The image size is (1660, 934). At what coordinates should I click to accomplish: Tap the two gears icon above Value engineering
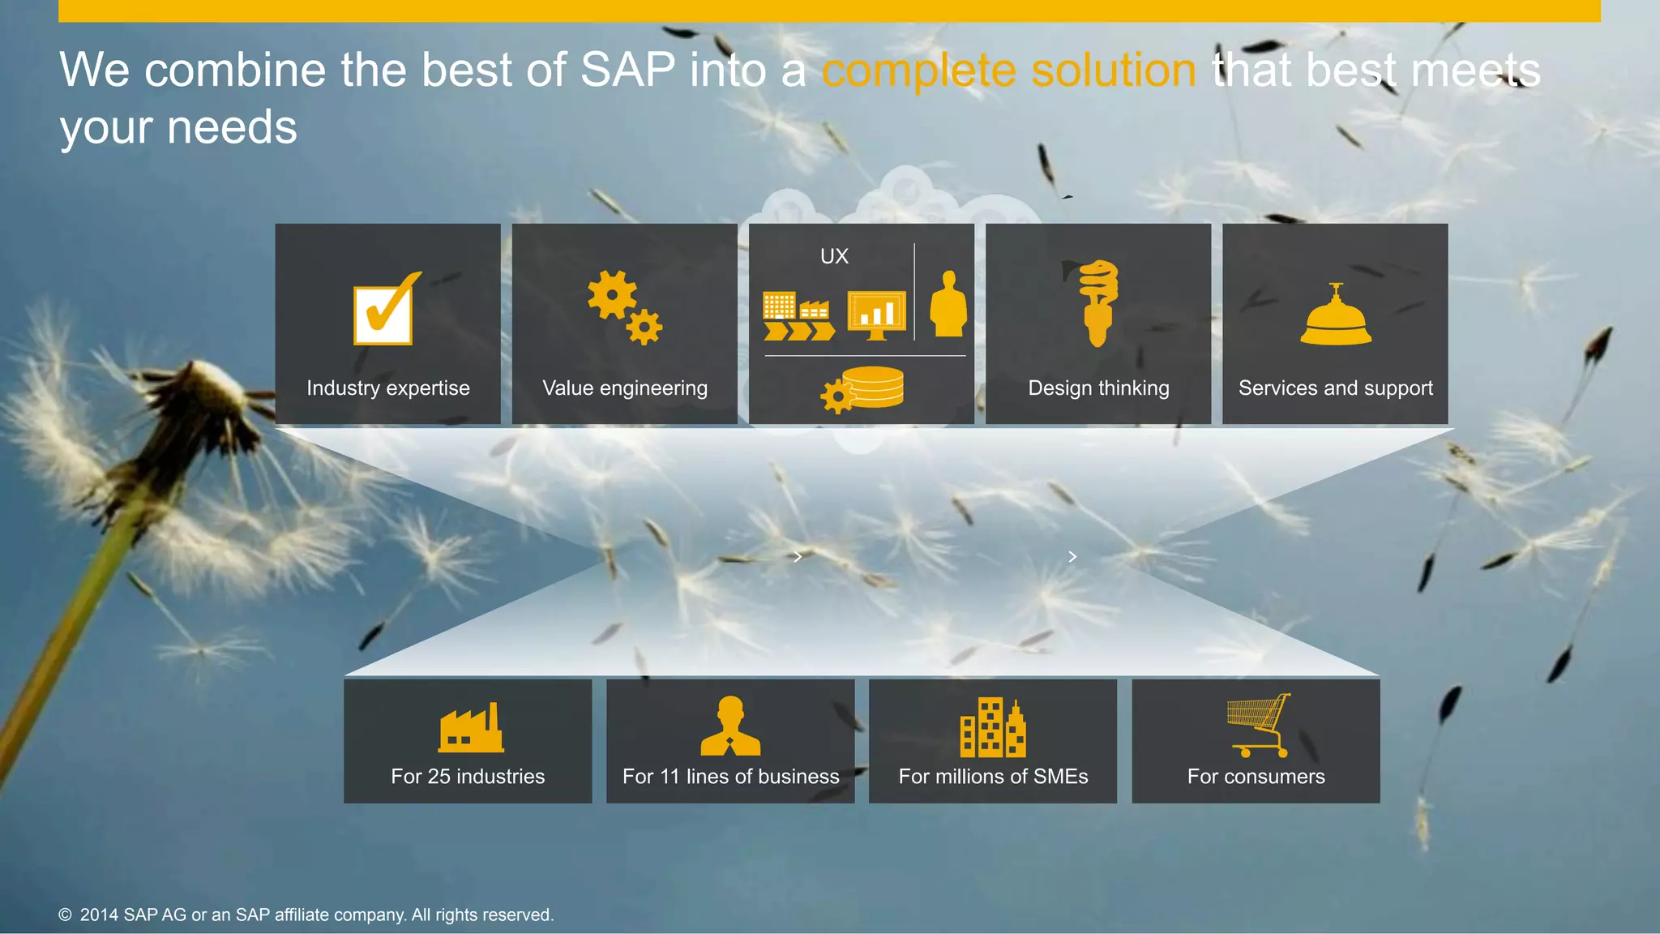624,307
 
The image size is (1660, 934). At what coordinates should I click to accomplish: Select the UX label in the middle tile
834,256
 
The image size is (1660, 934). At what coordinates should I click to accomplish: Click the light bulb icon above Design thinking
1097,302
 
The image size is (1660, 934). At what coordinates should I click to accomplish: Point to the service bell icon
1335,317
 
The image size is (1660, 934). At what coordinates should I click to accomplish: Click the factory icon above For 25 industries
470,728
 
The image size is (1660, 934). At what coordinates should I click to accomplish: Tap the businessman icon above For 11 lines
730,726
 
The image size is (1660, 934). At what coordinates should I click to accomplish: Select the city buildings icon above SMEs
992,727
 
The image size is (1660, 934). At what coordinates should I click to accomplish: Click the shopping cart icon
1258,724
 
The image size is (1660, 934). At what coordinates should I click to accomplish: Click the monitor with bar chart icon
876,315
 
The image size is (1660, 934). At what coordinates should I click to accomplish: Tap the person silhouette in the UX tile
948,305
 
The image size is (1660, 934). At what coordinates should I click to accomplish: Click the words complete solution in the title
1008,71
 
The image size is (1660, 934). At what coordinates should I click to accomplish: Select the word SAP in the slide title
627,71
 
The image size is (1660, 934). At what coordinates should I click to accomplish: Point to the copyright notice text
306,915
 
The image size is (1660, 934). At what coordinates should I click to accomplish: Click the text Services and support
1335,388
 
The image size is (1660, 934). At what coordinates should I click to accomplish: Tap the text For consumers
1256,777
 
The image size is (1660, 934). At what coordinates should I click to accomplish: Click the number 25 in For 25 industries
439,777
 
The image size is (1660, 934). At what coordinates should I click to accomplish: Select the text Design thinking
1098,388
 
